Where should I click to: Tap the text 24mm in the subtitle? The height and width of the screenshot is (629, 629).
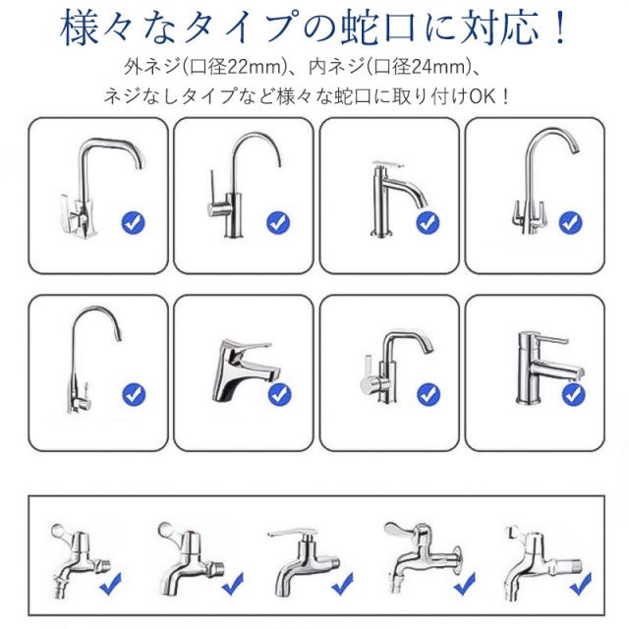(x=440, y=67)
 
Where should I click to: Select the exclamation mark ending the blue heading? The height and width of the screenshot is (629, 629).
(x=559, y=29)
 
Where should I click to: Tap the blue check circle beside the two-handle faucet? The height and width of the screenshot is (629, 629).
(x=570, y=222)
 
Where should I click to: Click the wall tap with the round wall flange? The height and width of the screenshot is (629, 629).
(x=424, y=558)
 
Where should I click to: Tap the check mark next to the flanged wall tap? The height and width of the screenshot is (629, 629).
(x=465, y=584)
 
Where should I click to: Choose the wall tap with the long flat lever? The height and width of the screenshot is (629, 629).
(x=304, y=561)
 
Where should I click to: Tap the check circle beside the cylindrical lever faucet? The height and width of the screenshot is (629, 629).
(x=574, y=395)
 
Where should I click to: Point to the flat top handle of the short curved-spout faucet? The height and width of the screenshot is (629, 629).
(x=387, y=163)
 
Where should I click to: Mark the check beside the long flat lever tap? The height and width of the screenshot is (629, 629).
(x=343, y=584)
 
